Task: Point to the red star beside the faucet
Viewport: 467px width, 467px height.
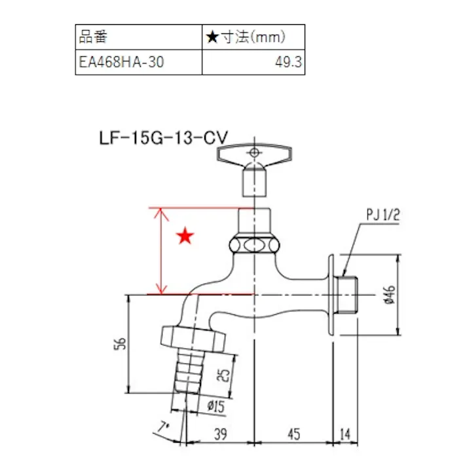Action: pyautogui.click(x=185, y=236)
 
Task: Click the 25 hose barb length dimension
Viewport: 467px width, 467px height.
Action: pyautogui.click(x=223, y=374)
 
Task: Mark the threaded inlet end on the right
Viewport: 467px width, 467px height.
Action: pyautogui.click(x=348, y=295)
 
